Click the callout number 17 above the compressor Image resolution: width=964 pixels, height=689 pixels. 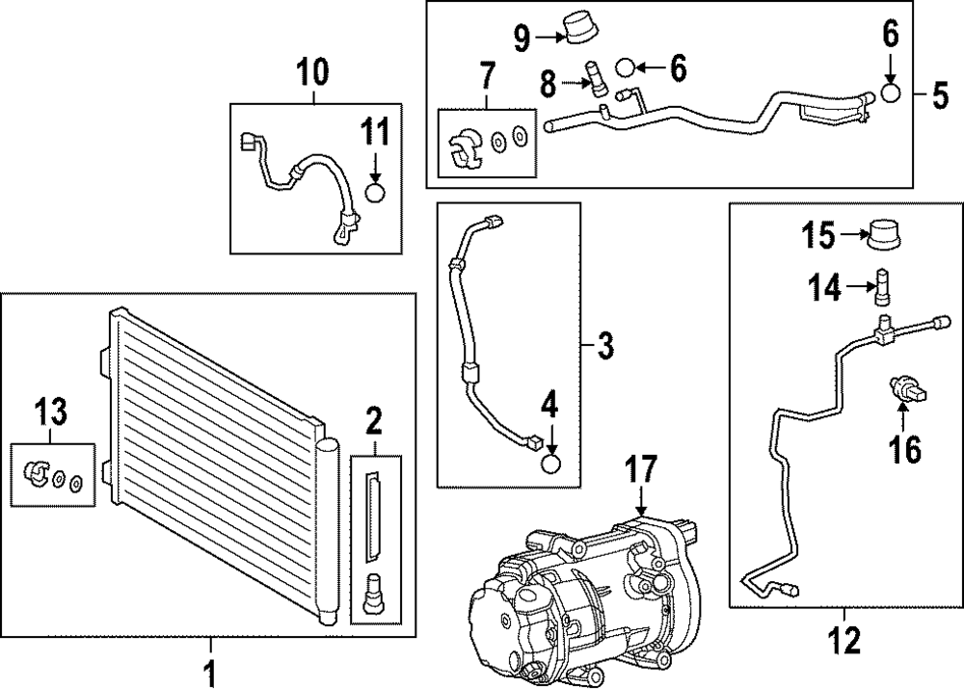tap(641, 471)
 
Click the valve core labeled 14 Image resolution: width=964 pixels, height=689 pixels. tap(884, 287)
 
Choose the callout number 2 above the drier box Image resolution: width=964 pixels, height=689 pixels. tap(373, 419)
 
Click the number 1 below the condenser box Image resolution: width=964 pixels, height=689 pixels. tap(211, 670)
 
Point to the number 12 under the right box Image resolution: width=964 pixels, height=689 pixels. tap(843, 640)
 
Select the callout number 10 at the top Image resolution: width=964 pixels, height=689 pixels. tap(311, 70)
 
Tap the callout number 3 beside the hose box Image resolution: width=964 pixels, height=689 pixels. tap(604, 344)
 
